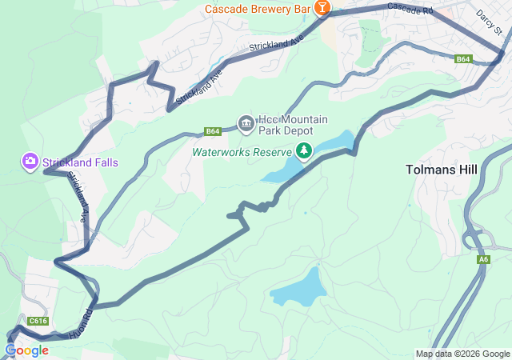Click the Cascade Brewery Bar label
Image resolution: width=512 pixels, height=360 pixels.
click(x=258, y=10)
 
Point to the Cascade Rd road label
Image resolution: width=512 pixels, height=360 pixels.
click(x=409, y=10)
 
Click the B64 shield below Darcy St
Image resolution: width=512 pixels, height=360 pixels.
click(x=463, y=59)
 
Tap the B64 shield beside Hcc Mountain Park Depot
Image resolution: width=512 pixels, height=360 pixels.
click(x=212, y=131)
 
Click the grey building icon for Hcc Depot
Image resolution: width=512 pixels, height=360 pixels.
click(x=246, y=123)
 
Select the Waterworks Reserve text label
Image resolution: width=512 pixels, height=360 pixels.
click(x=242, y=150)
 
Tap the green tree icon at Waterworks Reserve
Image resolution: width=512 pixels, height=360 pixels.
click(x=304, y=150)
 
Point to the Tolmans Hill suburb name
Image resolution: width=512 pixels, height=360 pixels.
click(x=442, y=170)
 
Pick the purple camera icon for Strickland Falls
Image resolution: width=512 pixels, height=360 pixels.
click(x=30, y=162)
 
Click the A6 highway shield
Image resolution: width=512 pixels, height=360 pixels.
click(x=484, y=259)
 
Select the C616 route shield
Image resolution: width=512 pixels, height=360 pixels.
click(x=38, y=321)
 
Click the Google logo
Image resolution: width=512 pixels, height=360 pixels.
click(x=27, y=350)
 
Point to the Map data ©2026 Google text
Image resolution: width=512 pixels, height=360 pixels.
click(x=462, y=354)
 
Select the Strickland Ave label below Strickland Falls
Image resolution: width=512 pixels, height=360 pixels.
click(x=78, y=197)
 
